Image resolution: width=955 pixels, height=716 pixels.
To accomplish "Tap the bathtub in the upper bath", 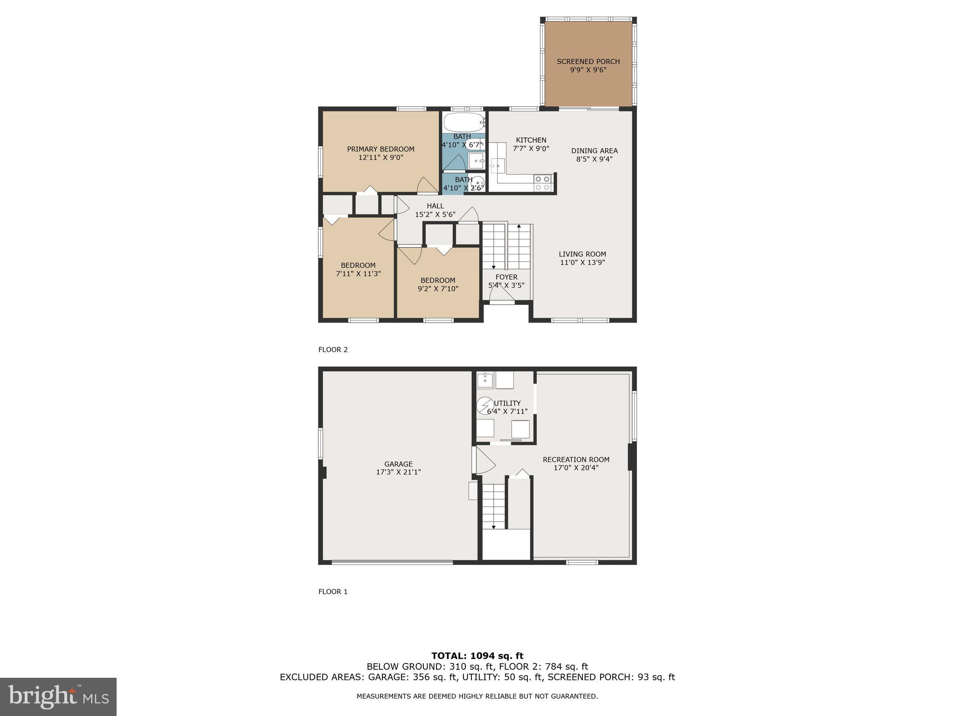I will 464,122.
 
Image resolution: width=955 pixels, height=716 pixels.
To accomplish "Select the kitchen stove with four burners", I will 543,183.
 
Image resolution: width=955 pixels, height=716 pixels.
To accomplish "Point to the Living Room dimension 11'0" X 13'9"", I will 582,262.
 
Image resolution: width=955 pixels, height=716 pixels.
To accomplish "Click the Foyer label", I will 506,277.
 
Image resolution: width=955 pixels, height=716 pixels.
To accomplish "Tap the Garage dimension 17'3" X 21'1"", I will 398,472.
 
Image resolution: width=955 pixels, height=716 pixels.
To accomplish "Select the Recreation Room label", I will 576,460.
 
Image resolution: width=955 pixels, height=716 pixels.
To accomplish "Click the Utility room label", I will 507,403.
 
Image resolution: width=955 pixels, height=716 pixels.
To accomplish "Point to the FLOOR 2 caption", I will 333,350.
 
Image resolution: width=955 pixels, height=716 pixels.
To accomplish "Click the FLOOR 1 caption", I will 333,592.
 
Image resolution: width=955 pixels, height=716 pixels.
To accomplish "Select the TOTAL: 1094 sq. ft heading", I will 477,656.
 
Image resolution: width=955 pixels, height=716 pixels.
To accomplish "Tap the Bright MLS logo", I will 58,696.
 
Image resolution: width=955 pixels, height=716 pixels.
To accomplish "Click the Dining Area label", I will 594,151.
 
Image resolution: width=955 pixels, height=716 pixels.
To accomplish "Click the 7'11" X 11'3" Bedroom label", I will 358,269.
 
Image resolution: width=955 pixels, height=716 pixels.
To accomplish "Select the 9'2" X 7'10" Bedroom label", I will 438,284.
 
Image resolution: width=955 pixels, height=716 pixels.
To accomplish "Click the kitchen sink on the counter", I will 497,165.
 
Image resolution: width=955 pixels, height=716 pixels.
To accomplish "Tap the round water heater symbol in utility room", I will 484,405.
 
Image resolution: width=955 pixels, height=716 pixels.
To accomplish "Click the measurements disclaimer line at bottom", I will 477,696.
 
